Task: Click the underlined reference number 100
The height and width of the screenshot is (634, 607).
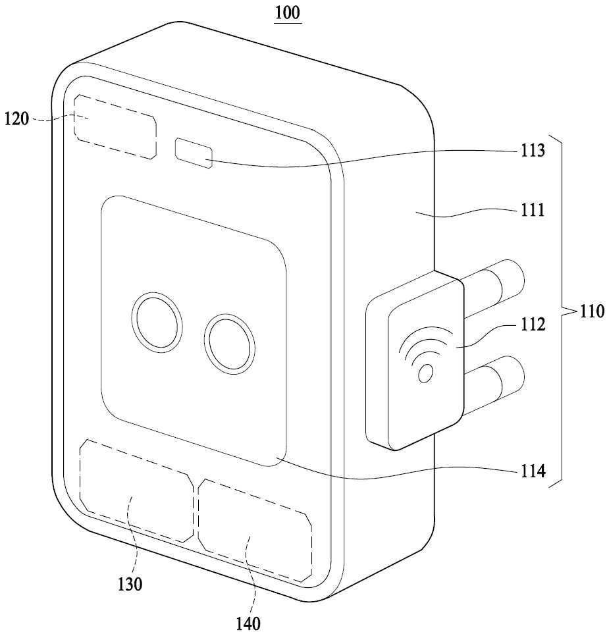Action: click(x=288, y=13)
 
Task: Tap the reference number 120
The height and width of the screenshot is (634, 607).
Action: click(x=16, y=119)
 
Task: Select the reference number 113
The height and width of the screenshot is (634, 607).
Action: click(x=532, y=150)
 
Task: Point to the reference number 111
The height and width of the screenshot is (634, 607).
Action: click(x=532, y=210)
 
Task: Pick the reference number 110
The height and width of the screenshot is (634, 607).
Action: click(x=592, y=311)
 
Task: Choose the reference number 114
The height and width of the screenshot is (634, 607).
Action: click(x=533, y=471)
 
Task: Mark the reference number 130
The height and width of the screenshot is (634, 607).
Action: click(x=130, y=584)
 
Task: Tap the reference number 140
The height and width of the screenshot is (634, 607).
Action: click(x=248, y=623)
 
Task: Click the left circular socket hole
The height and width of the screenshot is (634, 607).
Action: click(x=157, y=322)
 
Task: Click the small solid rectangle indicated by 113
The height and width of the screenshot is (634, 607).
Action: click(x=194, y=153)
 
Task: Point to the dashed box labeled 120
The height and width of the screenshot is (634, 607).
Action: click(x=115, y=127)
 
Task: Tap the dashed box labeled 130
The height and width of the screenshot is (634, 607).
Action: click(x=137, y=490)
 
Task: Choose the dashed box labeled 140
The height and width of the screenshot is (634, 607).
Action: click(x=255, y=531)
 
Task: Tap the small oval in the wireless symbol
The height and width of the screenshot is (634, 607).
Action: click(x=425, y=373)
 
